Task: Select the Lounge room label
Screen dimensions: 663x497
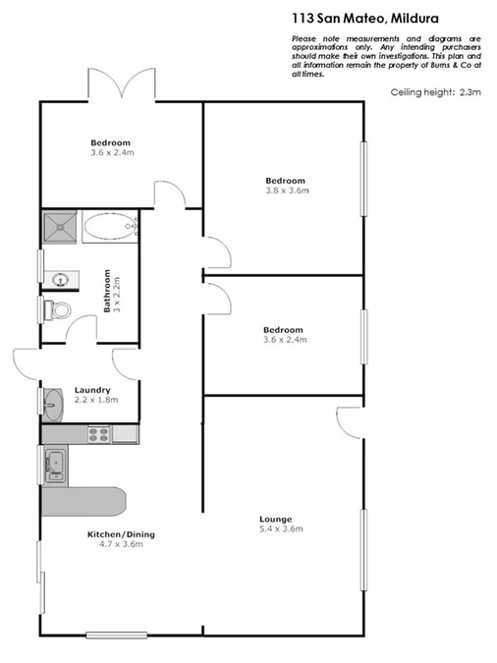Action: [276, 519]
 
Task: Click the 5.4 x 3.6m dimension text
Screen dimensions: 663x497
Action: [281, 529]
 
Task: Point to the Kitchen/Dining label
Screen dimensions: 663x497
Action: [122, 534]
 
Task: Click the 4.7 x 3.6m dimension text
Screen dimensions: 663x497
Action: [122, 545]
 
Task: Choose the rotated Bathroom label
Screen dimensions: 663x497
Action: [107, 292]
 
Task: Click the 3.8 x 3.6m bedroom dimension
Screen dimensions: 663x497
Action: [286, 192]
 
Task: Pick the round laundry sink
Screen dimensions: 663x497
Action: [54, 402]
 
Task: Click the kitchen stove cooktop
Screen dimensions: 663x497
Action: [99, 432]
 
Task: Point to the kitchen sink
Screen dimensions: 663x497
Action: [55, 463]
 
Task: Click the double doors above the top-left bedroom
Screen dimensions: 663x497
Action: [123, 84]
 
